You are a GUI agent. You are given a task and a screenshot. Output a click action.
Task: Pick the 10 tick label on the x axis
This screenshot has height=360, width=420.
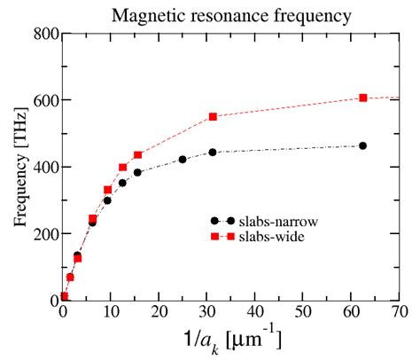(x=110, y=313)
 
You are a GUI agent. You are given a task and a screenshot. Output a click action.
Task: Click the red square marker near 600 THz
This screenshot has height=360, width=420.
(x=363, y=98)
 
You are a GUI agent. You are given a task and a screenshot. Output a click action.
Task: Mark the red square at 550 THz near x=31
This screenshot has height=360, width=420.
(x=213, y=117)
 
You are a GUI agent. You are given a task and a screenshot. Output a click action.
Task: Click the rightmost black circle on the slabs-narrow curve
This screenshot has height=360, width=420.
(x=363, y=145)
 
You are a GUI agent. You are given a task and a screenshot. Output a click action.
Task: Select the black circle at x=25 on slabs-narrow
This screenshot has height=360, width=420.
(x=183, y=160)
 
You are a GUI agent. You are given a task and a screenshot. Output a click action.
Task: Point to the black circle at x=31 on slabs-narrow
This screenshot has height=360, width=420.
(x=213, y=153)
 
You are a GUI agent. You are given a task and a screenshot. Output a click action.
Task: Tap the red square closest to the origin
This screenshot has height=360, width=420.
(x=65, y=296)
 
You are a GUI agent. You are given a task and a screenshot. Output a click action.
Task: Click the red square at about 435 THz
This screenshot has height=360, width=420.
(x=137, y=155)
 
